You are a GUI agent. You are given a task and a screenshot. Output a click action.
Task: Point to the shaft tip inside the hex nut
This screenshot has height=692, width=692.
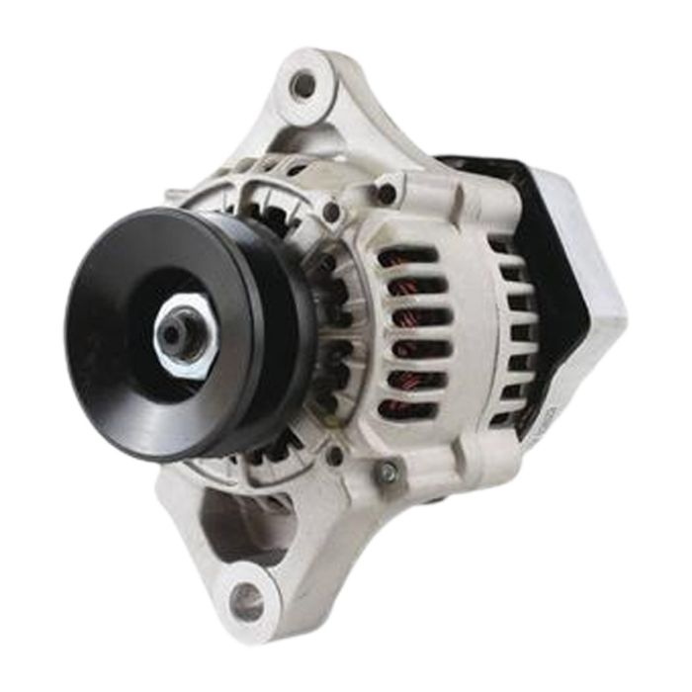pos(176,334)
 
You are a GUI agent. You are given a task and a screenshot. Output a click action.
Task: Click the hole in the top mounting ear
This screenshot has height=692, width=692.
pos(303,85)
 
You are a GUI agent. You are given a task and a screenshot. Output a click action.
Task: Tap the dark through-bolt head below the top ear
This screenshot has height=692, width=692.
pos(387,192)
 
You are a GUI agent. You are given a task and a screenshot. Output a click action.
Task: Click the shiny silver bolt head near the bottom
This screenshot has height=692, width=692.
pos(388,475)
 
